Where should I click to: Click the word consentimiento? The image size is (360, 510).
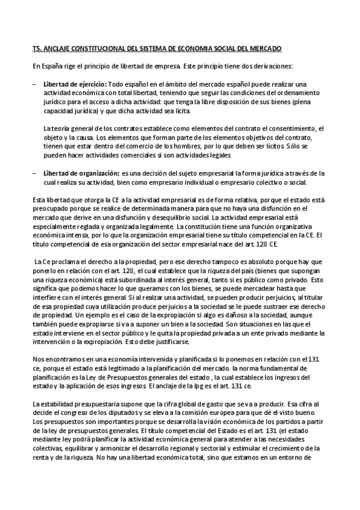(293, 128)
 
